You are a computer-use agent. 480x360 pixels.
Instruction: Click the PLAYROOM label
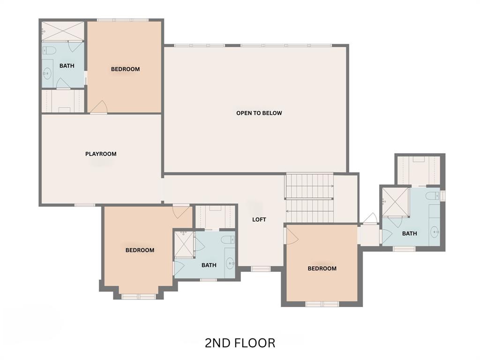pos(101,154)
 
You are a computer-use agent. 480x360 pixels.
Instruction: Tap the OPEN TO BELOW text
pos(259,113)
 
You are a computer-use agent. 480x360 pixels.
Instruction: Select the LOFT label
pos(259,219)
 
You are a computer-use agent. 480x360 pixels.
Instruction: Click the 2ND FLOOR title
pos(240,343)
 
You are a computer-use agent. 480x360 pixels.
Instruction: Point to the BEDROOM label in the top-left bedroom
pos(125,69)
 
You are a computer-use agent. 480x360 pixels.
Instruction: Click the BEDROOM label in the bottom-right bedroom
pos(322,269)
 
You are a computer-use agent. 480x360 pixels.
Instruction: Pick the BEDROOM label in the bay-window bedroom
pos(140,250)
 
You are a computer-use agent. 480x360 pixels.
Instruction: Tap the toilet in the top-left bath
pos(49,50)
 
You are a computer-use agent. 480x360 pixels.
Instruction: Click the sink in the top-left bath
pos(47,73)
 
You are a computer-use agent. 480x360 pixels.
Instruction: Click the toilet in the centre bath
pos(228,240)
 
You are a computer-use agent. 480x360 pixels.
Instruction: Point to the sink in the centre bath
pos(230,263)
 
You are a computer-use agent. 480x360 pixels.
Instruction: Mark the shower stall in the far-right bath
pos(395,202)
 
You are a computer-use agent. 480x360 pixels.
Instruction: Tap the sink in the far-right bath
pos(435,231)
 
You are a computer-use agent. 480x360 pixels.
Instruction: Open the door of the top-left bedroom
pos(98,108)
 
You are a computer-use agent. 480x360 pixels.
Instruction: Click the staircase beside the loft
pos(309,198)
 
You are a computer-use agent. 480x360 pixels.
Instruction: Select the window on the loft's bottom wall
pos(261,269)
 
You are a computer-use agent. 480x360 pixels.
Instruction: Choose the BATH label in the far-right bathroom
pos(409,233)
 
